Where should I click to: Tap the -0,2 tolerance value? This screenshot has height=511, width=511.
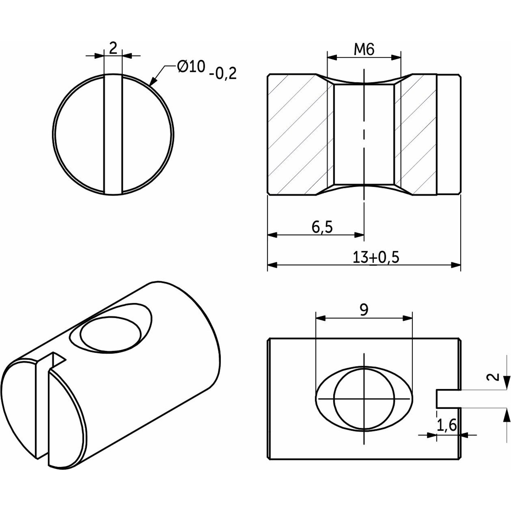(222, 74)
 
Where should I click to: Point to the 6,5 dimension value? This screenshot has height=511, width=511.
(322, 227)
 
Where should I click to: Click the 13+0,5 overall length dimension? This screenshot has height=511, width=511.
(376, 257)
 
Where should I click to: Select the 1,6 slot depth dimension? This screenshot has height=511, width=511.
(446, 425)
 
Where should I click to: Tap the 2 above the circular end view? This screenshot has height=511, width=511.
(113, 49)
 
